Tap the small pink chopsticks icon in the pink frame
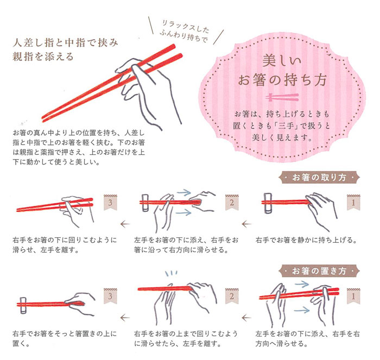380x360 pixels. (282, 97)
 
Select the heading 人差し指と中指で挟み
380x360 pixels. (66, 43)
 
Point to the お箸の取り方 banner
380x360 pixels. (319, 178)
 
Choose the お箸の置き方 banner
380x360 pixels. (319, 271)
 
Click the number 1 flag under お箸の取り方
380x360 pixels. (353, 203)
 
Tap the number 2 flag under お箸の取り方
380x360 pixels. (232, 203)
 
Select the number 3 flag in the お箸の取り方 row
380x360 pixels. (110, 203)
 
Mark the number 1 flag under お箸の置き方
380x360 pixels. (353, 296)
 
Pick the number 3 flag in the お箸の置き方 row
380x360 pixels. (110, 296)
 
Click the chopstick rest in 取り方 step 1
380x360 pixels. (268, 203)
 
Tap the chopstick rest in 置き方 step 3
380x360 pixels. (23, 305)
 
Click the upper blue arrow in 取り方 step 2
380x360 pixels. (184, 192)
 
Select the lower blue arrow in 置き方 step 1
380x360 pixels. (302, 310)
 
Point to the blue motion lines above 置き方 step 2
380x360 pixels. (171, 274)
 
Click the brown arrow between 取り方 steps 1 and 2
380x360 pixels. (246, 224)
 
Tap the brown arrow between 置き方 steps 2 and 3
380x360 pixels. (125, 318)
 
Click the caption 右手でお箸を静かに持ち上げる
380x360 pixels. (306, 240)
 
